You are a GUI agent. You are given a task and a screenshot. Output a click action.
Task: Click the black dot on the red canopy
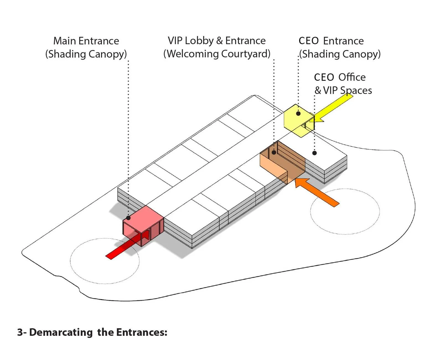coord(128,218)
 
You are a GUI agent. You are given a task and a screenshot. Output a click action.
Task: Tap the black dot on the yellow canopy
coord(298,113)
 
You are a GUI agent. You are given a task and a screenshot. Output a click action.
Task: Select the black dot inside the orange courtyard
coord(274,152)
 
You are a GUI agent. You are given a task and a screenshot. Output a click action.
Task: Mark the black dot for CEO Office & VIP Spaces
coord(314,153)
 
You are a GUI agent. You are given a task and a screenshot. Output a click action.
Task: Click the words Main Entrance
coord(86,41)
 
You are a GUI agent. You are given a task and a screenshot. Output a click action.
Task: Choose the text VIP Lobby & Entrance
coord(217,41)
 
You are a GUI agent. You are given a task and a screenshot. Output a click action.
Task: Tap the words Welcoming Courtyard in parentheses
coord(217,54)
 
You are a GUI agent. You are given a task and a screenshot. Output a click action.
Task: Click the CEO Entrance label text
coord(331,41)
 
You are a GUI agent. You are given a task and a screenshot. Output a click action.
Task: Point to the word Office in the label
coord(352,77)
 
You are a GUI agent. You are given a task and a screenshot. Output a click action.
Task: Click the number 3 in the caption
coord(20,332)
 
